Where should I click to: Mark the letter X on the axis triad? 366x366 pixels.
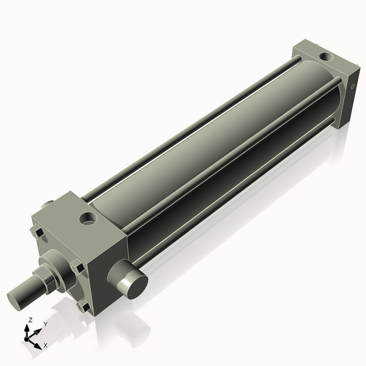[x=45, y=344]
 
